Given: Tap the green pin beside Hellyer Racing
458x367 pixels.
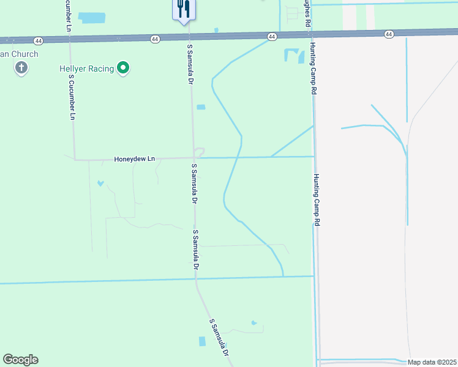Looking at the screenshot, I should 124,69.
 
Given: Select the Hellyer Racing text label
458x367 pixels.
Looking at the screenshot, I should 87,69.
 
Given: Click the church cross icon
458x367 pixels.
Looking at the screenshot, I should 21,68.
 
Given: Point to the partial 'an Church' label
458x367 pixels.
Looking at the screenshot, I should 19,54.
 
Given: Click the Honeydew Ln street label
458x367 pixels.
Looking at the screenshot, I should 134,159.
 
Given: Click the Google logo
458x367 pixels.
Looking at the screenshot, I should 20,360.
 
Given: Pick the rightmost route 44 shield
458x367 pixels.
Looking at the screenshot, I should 389,34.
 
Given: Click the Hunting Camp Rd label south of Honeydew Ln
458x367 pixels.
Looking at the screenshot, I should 317,201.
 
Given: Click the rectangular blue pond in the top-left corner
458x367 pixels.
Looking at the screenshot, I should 92,18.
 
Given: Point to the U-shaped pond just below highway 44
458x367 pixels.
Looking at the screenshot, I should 294,56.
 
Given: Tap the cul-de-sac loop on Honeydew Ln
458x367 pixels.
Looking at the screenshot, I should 199,152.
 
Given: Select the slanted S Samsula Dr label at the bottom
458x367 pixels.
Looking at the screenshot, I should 219,338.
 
